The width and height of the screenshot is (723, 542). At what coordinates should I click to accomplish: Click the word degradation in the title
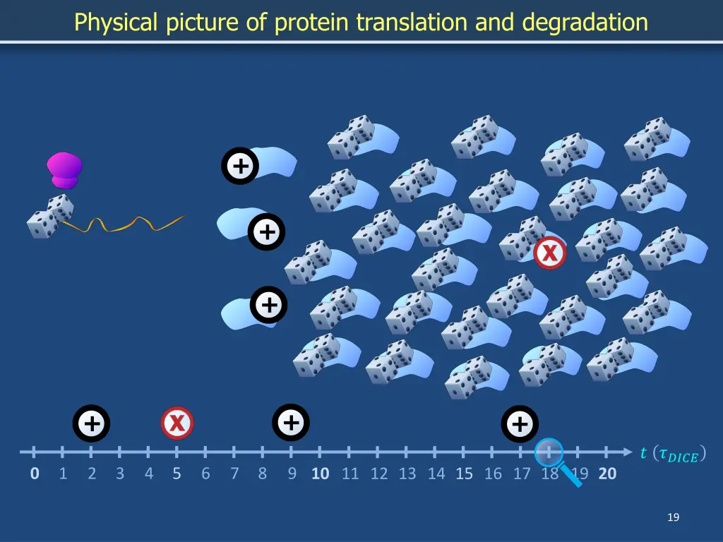point(585,23)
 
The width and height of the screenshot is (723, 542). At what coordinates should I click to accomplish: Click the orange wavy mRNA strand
point(127,224)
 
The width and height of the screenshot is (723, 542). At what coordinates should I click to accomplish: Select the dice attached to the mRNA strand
point(50,217)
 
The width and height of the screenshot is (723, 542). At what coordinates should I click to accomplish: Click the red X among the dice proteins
point(549,253)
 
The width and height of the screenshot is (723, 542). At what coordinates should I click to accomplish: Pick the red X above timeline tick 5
point(177,423)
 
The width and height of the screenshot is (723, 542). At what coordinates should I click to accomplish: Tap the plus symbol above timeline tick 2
point(91,423)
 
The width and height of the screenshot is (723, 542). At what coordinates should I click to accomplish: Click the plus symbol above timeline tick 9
point(290,423)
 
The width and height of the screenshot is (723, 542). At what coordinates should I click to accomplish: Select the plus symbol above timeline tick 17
point(520,424)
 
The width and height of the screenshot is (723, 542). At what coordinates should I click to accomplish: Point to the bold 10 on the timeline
point(321,474)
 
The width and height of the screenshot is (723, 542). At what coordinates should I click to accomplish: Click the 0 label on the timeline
point(35,474)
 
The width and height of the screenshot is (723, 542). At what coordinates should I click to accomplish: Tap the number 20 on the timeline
point(607,474)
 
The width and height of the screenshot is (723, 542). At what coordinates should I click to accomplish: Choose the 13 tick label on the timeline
point(407,474)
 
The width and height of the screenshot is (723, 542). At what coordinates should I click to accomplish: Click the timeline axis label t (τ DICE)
point(673,454)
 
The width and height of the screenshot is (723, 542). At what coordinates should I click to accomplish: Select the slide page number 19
point(673,518)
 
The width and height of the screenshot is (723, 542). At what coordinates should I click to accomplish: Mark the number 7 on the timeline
point(234,474)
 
